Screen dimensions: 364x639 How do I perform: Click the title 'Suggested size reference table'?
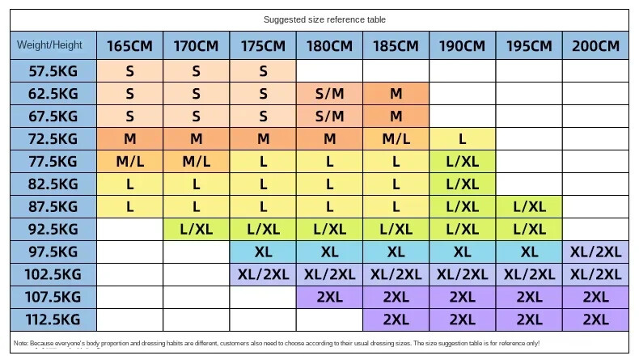pos(319,19)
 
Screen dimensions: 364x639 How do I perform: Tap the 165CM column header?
pos(129,46)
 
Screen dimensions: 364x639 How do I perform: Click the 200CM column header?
pos(595,46)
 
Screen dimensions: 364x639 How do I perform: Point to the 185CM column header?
pos(396,46)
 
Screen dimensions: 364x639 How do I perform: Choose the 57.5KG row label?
pos(53,70)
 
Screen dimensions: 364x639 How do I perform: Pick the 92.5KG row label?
pos(53,229)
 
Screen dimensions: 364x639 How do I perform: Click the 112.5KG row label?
pos(53,320)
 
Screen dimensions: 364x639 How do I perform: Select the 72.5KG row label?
pos(53,138)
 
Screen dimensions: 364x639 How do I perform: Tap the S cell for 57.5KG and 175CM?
pos(263,70)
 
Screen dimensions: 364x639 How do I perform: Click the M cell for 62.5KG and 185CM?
pos(396,93)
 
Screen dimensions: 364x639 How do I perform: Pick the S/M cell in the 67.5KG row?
pos(329,116)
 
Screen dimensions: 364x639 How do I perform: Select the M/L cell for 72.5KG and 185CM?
pos(396,138)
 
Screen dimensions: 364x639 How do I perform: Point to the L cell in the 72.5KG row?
pos(462,138)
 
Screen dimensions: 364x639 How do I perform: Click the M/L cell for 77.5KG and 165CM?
pos(129,161)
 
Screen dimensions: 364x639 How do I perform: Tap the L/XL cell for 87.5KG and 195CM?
pos(529,206)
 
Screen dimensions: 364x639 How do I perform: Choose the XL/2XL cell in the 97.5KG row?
pos(595,252)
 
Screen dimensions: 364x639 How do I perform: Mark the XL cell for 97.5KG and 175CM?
pos(263,252)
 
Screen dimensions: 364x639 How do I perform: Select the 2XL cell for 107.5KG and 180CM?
pos(329,297)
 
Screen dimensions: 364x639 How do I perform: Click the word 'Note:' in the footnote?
pos(22,343)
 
